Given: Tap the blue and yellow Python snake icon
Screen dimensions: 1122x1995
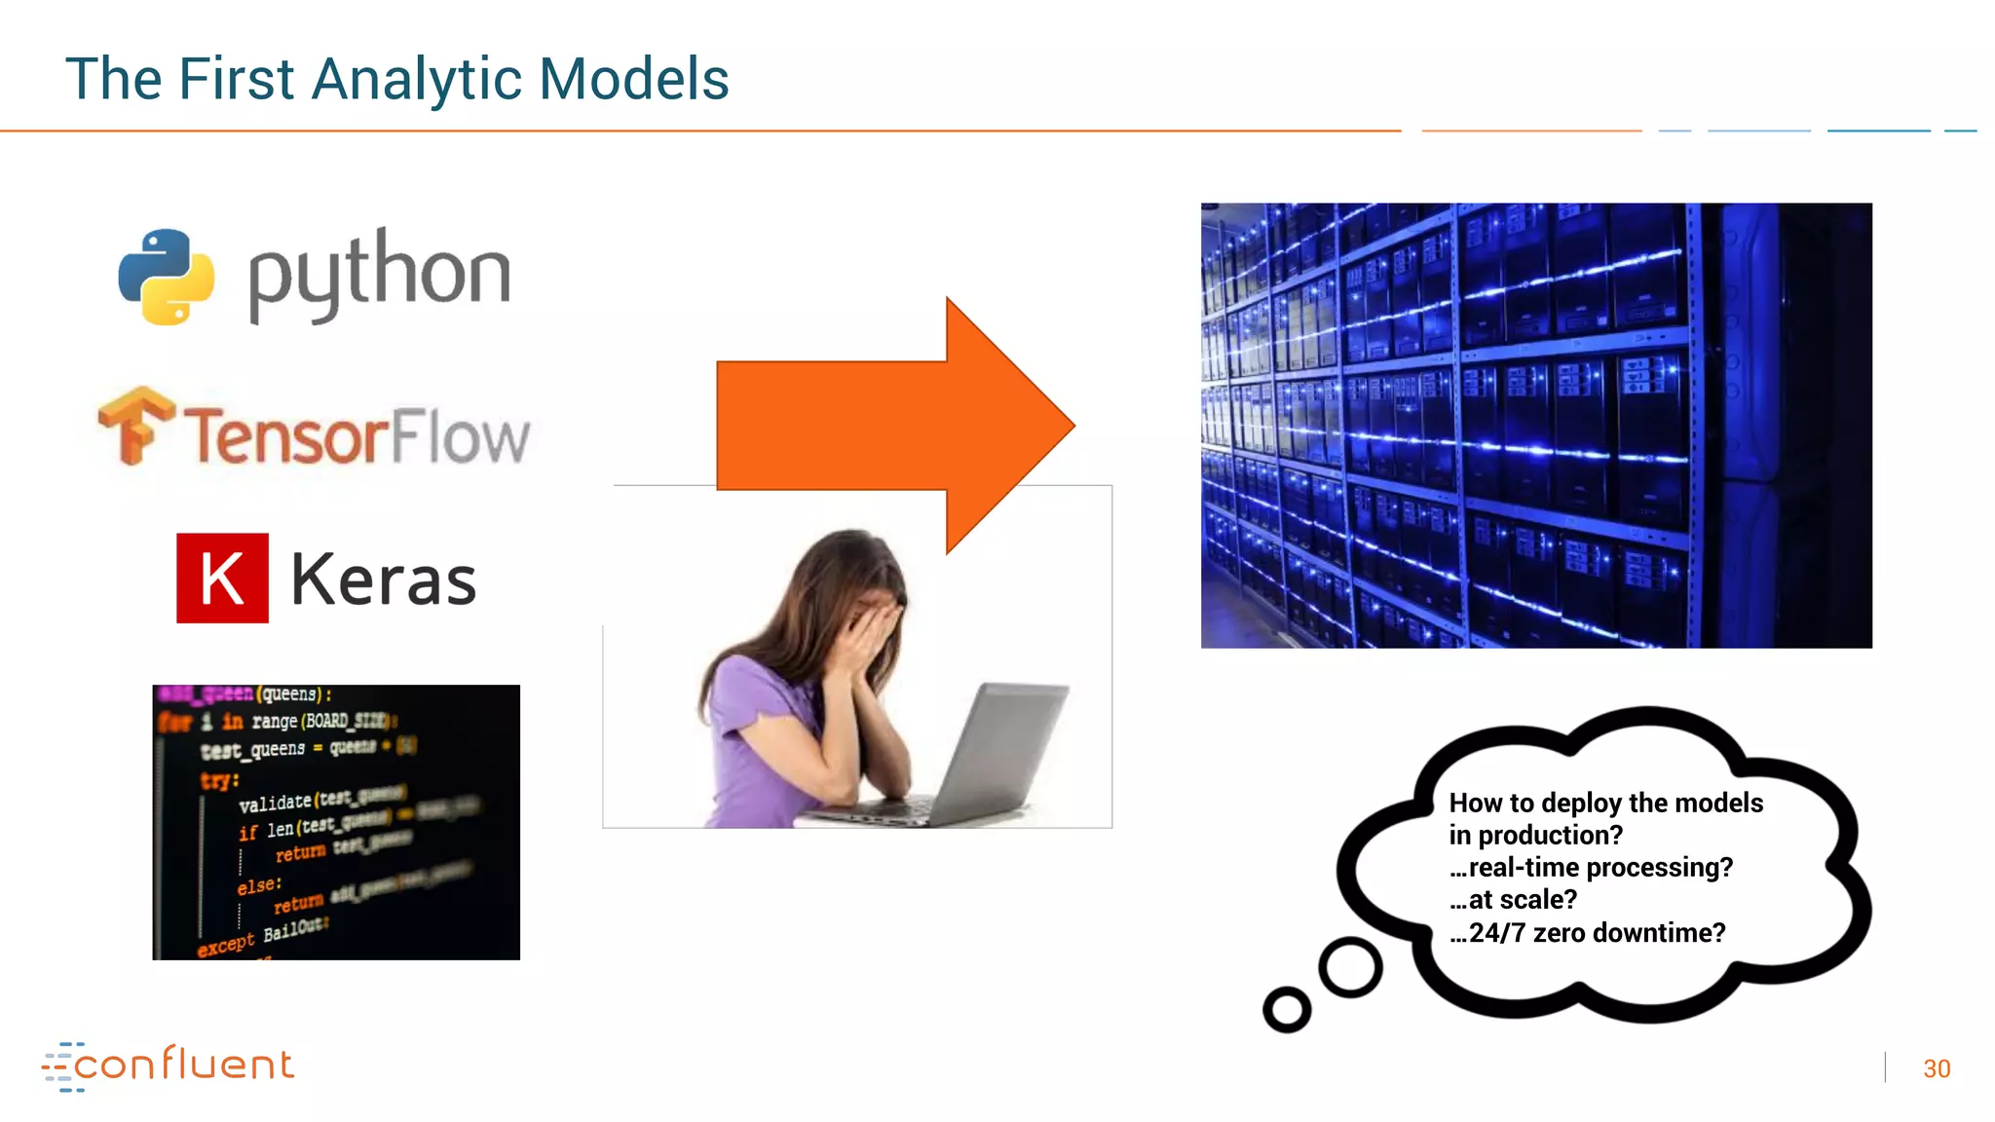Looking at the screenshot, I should click(x=166, y=277).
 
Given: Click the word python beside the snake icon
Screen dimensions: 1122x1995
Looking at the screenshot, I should click(x=379, y=275).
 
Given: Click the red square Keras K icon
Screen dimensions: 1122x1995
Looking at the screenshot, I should click(x=222, y=578).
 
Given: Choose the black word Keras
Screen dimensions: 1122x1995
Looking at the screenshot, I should click(x=383, y=580).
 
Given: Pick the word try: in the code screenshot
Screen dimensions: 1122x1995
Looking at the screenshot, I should click(x=219, y=780).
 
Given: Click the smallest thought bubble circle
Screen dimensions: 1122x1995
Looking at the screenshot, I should click(x=1286, y=1009).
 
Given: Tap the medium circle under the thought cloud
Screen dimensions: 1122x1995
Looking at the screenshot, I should click(x=1350, y=967).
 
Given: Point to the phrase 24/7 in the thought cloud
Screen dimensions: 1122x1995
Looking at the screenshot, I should click(x=1497, y=933).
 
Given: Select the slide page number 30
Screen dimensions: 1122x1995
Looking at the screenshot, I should click(x=1936, y=1068).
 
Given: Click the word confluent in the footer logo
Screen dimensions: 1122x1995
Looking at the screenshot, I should click(x=183, y=1065).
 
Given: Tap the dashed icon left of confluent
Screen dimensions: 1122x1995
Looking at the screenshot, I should click(x=59, y=1066).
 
